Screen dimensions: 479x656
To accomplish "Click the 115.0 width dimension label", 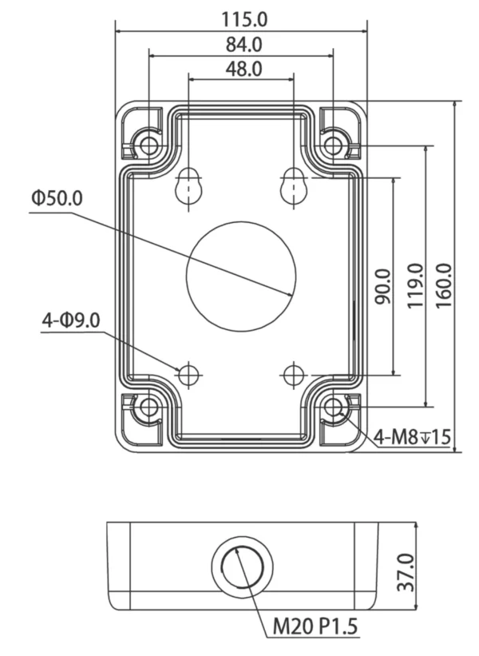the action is click(x=244, y=20).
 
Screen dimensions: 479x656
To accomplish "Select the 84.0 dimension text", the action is click(x=244, y=45).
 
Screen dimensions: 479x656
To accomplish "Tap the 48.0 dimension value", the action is click(x=244, y=69).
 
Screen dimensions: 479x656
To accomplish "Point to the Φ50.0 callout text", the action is click(x=57, y=198).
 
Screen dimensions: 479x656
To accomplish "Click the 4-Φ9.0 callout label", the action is click(x=71, y=320).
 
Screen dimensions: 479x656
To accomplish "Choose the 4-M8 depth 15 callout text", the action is click(x=412, y=437).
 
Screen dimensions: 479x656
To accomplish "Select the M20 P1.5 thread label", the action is click(x=315, y=626).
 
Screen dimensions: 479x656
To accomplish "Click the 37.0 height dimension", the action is click(x=406, y=572).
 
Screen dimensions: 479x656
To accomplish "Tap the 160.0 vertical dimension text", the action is click(x=444, y=286).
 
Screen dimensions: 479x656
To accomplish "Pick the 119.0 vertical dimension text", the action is click(x=416, y=286).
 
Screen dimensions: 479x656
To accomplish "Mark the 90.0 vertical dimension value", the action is click(x=383, y=287).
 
